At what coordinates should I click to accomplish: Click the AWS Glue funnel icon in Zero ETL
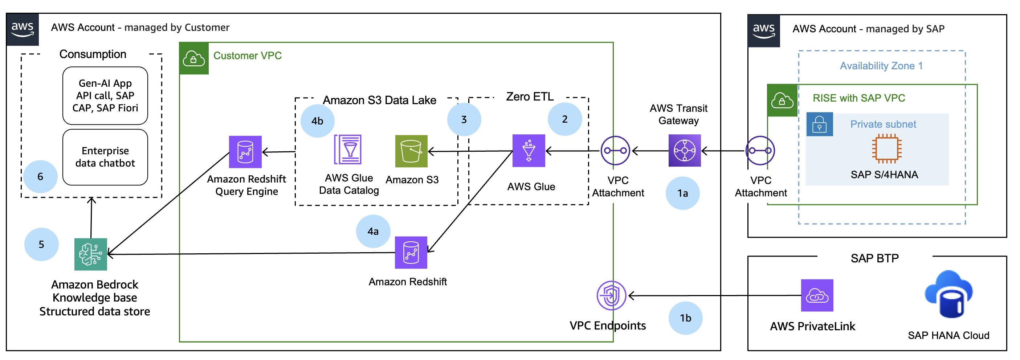coord(528,151)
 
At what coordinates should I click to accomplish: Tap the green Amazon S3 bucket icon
coord(411,151)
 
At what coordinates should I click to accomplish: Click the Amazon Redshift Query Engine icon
coord(245,152)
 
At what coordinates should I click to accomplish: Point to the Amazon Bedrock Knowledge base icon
coord(91,254)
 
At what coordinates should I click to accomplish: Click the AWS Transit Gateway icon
coord(684,151)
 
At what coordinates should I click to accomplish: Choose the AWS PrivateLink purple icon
coord(816,295)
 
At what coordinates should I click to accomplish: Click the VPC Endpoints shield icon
coord(611,295)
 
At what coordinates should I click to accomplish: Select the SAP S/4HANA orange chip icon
coord(886,148)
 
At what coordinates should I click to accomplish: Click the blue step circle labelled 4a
coord(373,231)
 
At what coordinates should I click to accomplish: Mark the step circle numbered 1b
coord(685,318)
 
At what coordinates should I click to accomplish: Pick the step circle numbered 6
coord(40,177)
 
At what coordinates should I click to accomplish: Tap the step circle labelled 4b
coord(317,121)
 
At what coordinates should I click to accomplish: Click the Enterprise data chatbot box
coord(105,157)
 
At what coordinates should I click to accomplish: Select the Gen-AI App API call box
coord(105,95)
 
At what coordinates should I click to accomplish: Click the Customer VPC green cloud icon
coord(193,59)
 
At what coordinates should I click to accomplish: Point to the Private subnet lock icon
coord(819,124)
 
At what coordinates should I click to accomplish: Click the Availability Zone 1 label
coord(881,66)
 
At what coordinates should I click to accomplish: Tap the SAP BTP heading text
coord(874,258)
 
